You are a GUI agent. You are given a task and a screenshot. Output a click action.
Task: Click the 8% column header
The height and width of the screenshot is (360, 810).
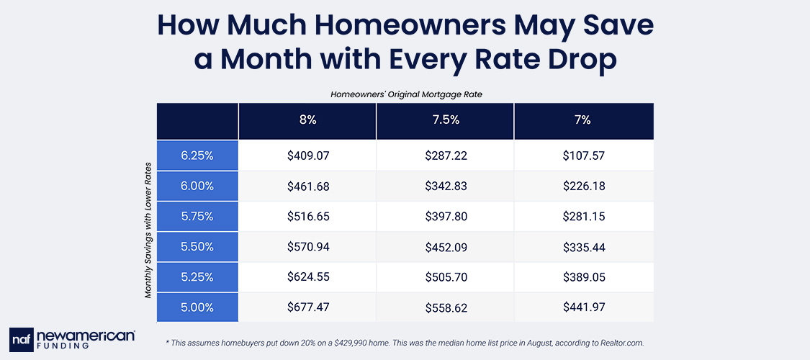[307, 120]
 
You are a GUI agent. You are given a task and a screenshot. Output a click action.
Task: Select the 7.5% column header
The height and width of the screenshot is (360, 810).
[445, 120]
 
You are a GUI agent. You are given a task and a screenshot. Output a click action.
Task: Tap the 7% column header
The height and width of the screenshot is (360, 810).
[583, 120]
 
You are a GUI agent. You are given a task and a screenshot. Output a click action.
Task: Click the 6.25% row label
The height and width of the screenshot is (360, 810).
[197, 155]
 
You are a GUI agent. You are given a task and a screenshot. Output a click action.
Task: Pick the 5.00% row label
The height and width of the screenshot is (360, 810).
[197, 307]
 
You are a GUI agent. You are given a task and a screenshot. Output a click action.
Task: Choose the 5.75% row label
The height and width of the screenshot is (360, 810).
[197, 216]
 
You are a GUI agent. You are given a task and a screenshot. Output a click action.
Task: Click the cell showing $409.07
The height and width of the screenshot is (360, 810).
[307, 155]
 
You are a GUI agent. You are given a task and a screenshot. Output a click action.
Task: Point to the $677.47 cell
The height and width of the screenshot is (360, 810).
[307, 307]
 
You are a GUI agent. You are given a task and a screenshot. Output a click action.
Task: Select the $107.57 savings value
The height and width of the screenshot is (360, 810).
[583, 155]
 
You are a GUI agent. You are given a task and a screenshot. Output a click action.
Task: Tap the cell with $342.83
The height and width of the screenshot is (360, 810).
[445, 186]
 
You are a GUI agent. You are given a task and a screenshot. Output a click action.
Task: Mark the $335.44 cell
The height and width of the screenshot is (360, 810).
[583, 246]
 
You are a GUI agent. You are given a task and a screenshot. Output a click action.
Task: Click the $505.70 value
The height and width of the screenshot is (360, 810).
[445, 276]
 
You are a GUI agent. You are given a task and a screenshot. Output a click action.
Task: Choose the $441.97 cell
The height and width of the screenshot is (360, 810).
[583, 307]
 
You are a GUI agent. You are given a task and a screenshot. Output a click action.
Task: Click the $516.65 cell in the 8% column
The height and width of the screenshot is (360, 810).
[307, 216]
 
